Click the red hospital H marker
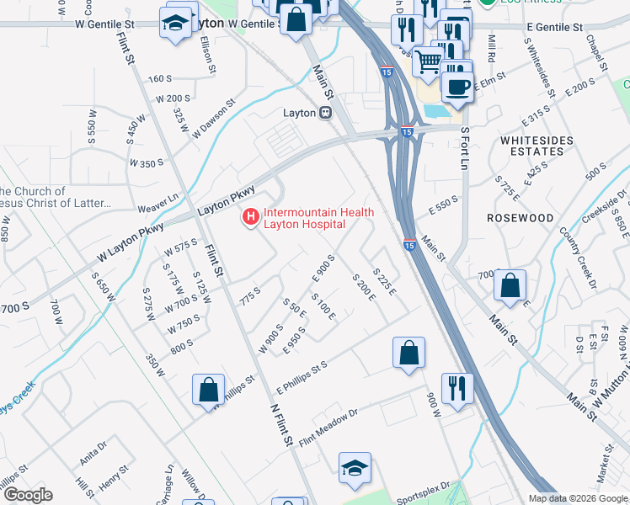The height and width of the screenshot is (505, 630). tap(250, 218)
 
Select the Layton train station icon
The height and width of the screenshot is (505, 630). tap(325, 113)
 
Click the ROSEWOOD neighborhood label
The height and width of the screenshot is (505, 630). tap(521, 218)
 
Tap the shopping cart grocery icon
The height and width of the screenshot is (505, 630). tap(429, 61)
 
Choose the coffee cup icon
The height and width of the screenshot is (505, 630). tap(456, 86)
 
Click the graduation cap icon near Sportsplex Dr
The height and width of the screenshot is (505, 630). tap(355, 470)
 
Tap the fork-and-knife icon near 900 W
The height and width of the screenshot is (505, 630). tap(457, 388)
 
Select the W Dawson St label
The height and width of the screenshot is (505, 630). tap(214, 120)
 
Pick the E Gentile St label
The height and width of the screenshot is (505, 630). tap(554, 28)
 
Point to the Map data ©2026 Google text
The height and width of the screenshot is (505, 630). tap(577, 498)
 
